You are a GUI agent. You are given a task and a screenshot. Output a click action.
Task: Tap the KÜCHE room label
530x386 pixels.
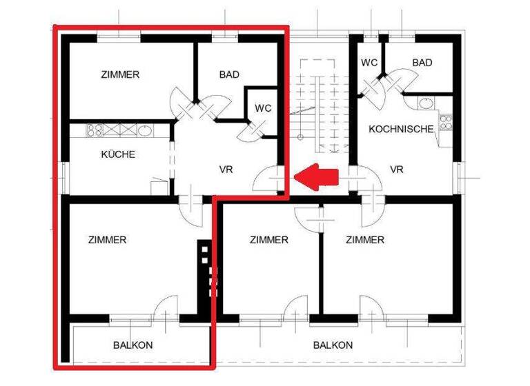[x=118, y=154]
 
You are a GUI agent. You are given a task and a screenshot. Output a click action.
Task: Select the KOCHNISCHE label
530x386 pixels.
[x=401, y=129]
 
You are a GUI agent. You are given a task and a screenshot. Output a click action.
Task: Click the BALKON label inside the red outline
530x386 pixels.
[x=133, y=345]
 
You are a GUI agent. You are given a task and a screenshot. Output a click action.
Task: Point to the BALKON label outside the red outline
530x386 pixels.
[x=333, y=345]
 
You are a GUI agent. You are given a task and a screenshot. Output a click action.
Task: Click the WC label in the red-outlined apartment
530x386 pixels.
[x=263, y=108]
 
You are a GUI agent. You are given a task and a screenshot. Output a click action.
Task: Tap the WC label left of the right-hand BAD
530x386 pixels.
[x=369, y=63]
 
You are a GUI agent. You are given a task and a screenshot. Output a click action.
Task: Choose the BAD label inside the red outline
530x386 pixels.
[x=229, y=74]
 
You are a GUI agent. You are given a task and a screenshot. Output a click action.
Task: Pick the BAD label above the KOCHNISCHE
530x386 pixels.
[x=422, y=63]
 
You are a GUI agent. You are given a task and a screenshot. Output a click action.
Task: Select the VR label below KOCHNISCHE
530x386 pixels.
[x=396, y=170]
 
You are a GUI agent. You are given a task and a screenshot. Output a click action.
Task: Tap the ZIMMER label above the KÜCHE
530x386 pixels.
[x=120, y=74]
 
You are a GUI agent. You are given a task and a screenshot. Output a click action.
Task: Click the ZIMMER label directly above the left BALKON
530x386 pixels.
[x=108, y=240]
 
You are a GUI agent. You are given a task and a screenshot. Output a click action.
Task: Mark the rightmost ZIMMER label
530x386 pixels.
[x=365, y=240]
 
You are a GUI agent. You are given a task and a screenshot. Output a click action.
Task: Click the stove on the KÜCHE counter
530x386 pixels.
[x=95, y=130]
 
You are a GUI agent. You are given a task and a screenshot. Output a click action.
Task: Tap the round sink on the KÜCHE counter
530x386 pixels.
[x=145, y=130]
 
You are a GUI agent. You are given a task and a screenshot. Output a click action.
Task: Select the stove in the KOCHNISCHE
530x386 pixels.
[x=445, y=124]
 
